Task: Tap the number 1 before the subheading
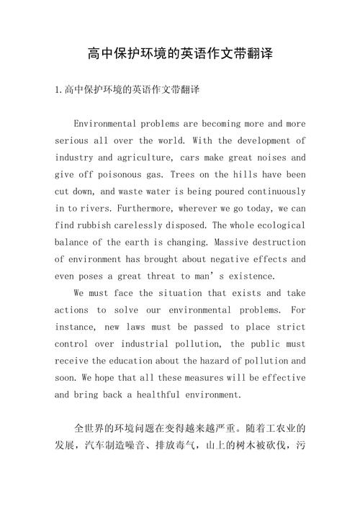tap(58, 90)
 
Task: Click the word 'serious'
tap(73, 140)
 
